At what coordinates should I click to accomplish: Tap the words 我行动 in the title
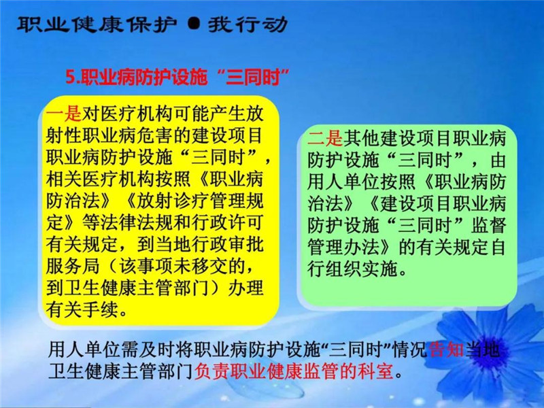click(x=248, y=24)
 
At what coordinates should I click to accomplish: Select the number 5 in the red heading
click(x=71, y=77)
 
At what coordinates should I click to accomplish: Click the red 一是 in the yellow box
click(x=64, y=114)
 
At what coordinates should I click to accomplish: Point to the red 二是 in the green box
click(x=325, y=139)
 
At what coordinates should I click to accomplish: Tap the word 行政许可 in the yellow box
click(x=227, y=223)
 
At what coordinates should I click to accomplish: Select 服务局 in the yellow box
click(x=73, y=267)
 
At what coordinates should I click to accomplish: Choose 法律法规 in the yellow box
click(x=137, y=223)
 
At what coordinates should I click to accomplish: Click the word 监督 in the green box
click(x=488, y=226)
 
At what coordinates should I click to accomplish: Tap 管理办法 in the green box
click(x=343, y=248)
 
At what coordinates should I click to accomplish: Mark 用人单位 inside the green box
click(x=343, y=182)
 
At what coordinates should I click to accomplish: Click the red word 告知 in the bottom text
click(x=447, y=350)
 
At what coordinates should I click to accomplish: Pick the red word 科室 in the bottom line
click(x=377, y=371)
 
